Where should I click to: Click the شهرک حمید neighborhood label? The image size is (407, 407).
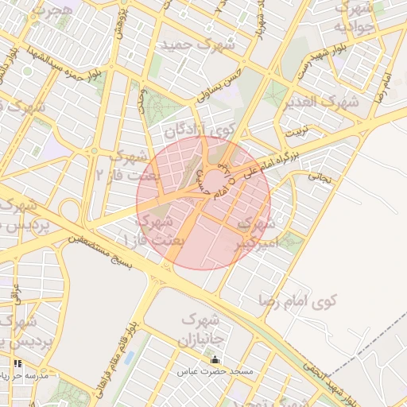(x=199, y=45)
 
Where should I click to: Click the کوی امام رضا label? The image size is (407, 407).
(x=298, y=301)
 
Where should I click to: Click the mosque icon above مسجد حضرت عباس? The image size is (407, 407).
(x=215, y=360)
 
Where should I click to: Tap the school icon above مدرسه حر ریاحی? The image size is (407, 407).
(x=18, y=363)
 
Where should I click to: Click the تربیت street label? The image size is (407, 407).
(x=296, y=129)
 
